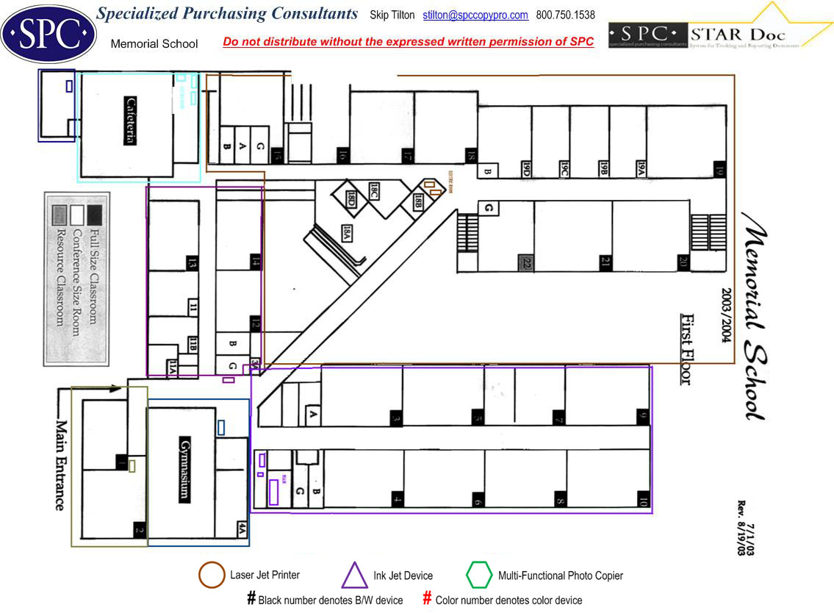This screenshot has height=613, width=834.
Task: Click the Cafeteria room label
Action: (130, 121)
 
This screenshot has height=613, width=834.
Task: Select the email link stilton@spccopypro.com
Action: (475, 15)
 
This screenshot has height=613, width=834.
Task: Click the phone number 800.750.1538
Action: (566, 15)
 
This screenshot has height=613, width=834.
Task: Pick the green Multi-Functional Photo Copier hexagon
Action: (479, 575)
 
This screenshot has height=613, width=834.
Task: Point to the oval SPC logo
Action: (48, 33)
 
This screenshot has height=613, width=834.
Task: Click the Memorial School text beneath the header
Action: (154, 44)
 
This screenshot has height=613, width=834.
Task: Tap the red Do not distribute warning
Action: (408, 42)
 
